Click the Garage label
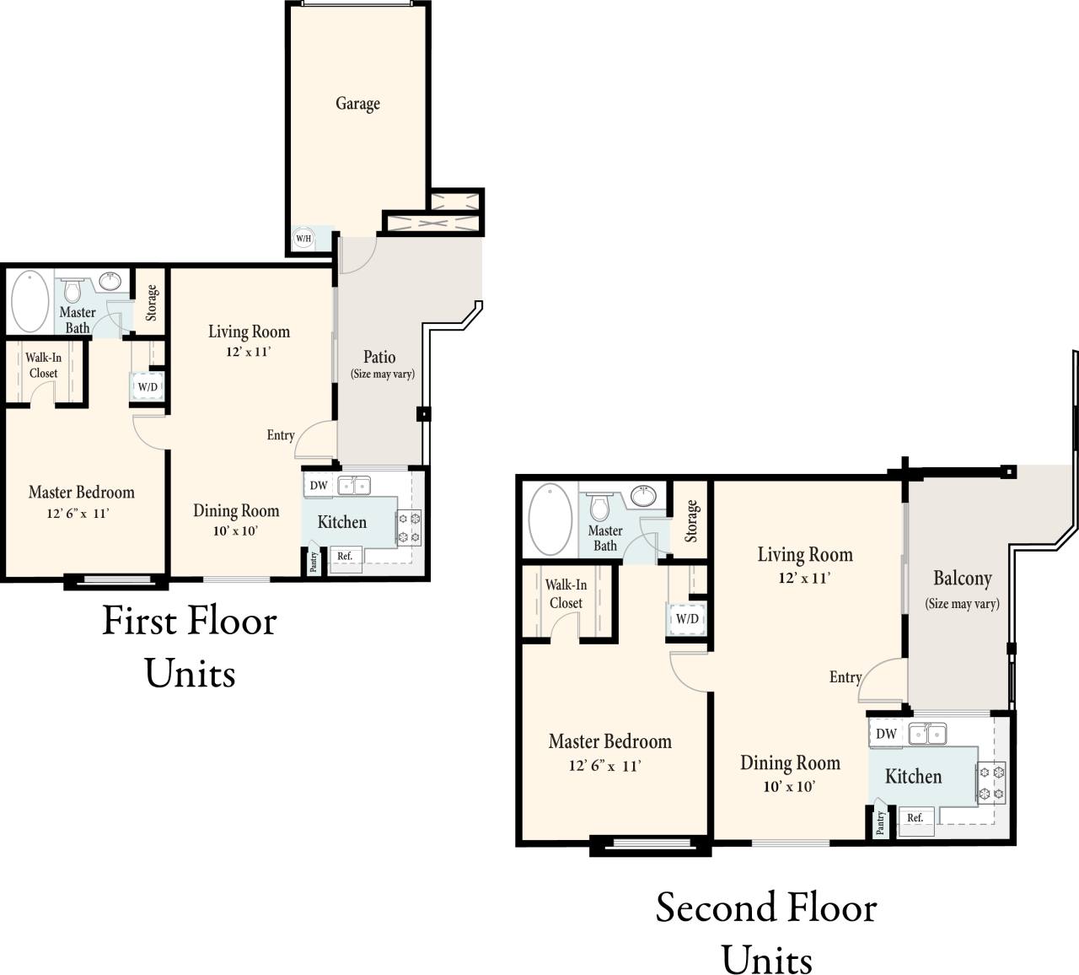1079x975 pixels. [x=357, y=104]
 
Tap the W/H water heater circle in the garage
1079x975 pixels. [x=303, y=239]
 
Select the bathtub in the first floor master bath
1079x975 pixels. [x=30, y=301]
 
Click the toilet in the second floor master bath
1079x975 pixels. [x=599, y=507]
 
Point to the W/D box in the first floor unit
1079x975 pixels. [x=148, y=386]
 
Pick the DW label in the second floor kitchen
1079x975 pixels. [x=885, y=734]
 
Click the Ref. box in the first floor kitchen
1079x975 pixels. [x=345, y=557]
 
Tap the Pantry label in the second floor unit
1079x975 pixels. [x=879, y=822]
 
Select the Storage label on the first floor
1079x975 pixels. [x=152, y=303]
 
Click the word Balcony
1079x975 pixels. [x=962, y=579]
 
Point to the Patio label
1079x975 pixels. [x=379, y=357]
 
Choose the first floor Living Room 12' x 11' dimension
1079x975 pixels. [x=248, y=353]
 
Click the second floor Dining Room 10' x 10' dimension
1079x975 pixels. [x=789, y=787]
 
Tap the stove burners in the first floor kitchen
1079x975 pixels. [x=409, y=528]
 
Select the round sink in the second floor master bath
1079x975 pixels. [x=644, y=496]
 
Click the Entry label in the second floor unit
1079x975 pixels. [x=845, y=677]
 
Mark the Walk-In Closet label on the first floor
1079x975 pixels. [x=43, y=365]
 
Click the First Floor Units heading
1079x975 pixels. [x=190, y=646]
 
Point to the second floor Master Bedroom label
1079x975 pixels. [x=609, y=742]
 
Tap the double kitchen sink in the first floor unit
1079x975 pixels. [x=353, y=485]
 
